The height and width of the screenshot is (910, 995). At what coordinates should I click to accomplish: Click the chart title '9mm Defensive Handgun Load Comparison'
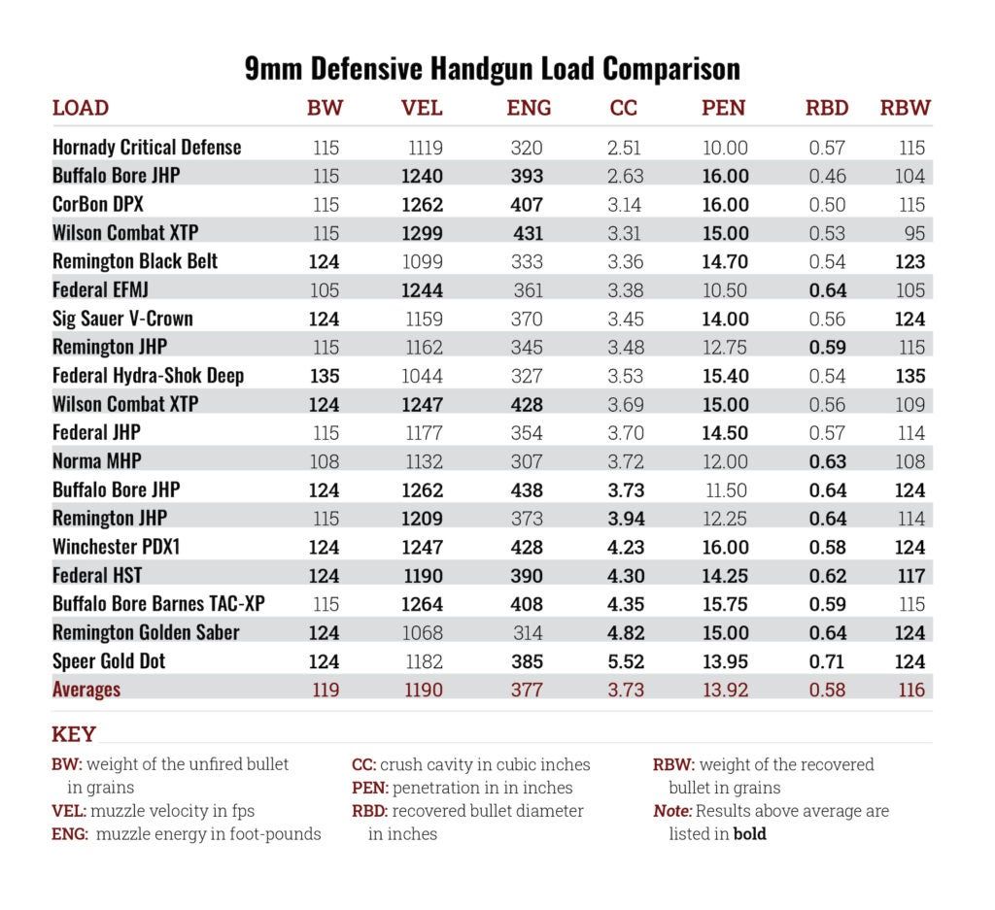492,69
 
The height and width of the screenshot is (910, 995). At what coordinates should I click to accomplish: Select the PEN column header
723,108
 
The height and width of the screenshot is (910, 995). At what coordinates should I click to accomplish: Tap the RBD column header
827,108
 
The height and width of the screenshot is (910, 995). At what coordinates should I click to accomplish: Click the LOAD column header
81,108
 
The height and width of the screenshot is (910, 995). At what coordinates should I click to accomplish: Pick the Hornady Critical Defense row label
147,148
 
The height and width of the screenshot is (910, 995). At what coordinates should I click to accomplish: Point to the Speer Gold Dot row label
109,660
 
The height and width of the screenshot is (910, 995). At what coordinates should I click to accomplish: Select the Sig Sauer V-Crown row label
122,319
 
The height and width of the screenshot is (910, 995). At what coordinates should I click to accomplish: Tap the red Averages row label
86,690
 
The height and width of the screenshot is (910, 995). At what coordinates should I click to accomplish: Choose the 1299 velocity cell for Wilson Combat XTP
422,233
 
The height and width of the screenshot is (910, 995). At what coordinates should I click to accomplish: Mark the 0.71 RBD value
828,661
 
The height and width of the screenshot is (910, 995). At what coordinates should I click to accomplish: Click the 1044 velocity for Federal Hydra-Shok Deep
422,376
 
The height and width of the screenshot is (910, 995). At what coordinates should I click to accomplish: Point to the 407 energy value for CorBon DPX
526,205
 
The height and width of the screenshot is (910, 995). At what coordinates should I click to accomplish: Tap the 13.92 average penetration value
725,690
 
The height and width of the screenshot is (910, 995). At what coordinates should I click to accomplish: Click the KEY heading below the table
74,734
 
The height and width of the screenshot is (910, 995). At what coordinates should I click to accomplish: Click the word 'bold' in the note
749,833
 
